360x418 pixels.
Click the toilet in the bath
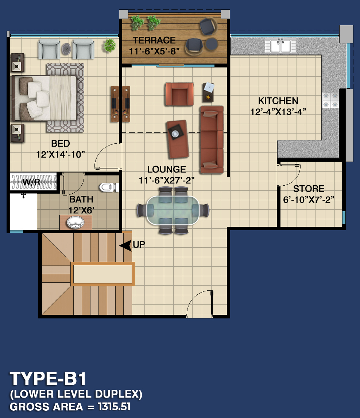click(x=109, y=187)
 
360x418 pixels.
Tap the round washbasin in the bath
click(x=75, y=222)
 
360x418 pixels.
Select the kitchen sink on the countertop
click(x=280, y=46)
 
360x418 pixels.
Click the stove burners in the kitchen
click(x=330, y=100)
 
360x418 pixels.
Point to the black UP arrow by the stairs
click(x=125, y=245)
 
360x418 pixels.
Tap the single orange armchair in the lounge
click(x=179, y=94)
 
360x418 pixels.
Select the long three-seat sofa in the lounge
click(x=212, y=140)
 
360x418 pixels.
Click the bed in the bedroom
click(x=44, y=98)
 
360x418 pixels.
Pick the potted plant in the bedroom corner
click(x=109, y=46)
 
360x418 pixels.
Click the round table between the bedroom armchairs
click(x=66, y=49)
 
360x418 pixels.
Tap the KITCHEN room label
click(x=278, y=101)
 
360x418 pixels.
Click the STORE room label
click(x=309, y=189)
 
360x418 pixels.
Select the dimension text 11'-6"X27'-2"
click(x=167, y=181)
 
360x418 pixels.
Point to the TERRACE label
click(x=154, y=40)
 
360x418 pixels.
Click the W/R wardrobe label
click(x=31, y=182)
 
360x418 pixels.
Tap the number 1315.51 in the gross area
click(x=114, y=407)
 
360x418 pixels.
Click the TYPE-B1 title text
click(x=48, y=379)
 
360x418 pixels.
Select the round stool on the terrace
click(x=212, y=44)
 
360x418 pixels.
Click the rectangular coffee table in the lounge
click(x=178, y=139)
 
